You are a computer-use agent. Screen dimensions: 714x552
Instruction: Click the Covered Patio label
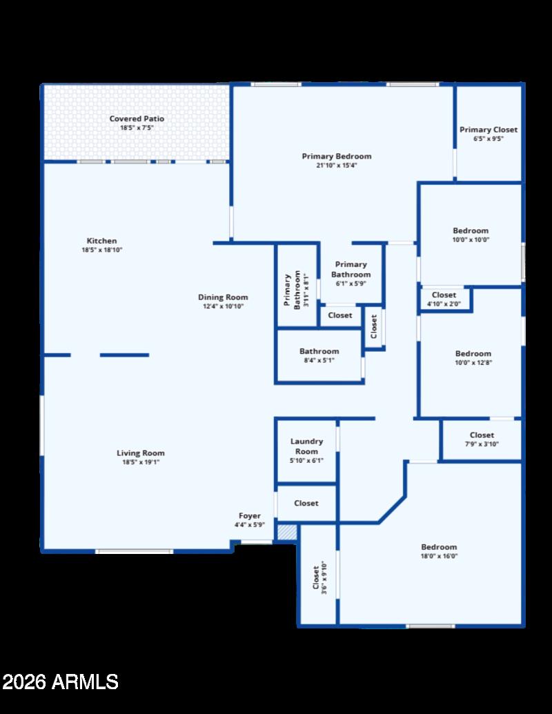click(x=137, y=119)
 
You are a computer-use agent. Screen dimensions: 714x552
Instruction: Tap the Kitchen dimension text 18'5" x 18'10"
click(x=101, y=250)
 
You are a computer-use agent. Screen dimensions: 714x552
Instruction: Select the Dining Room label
click(x=223, y=297)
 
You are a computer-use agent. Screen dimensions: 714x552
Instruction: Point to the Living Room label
click(x=141, y=453)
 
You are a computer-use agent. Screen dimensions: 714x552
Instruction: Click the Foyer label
click(x=250, y=516)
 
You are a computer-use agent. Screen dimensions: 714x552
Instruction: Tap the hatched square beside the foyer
click(x=286, y=533)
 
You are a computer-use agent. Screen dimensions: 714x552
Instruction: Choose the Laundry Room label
click(x=306, y=446)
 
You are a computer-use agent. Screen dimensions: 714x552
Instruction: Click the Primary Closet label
click(x=489, y=130)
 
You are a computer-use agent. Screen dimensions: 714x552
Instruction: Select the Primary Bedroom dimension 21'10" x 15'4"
click(x=337, y=166)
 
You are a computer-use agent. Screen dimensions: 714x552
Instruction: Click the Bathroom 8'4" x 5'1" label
click(x=319, y=355)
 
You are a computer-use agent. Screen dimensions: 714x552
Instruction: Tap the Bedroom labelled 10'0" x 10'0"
click(x=471, y=235)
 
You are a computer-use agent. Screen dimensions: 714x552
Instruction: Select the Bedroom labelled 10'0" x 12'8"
click(x=473, y=358)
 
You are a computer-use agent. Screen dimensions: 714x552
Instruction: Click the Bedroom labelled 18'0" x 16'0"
click(x=439, y=551)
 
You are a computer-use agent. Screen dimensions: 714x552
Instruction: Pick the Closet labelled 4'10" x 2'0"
click(x=444, y=299)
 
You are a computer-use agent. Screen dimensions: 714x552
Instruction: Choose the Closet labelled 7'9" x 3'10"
click(x=482, y=439)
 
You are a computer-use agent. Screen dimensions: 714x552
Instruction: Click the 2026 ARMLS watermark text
click(x=61, y=682)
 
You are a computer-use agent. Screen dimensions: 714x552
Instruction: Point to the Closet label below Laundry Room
click(x=306, y=504)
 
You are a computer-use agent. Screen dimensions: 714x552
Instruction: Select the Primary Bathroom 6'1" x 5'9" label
click(x=351, y=274)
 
